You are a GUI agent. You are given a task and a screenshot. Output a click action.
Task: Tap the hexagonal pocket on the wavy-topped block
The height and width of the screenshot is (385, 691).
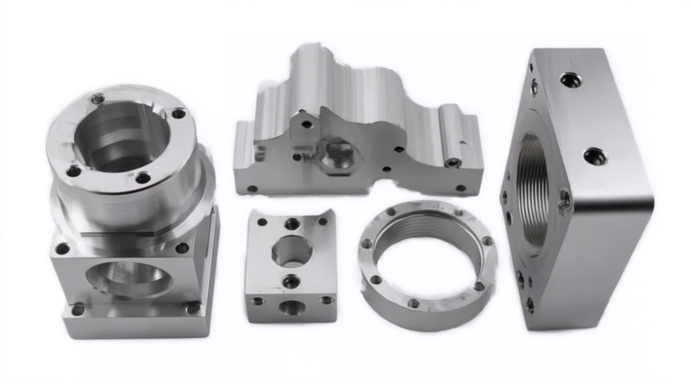335,155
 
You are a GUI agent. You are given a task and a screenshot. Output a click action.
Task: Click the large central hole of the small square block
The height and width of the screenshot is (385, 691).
291,250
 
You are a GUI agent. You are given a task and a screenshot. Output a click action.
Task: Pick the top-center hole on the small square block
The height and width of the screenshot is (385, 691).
292,223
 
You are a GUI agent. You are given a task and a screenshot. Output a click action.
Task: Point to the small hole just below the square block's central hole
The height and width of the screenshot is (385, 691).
291,281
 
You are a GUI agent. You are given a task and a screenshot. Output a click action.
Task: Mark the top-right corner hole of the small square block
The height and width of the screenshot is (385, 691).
322,222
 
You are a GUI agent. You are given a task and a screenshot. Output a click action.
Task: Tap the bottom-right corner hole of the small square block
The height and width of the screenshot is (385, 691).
326,300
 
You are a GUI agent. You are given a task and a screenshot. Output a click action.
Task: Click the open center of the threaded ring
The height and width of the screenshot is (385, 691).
427,261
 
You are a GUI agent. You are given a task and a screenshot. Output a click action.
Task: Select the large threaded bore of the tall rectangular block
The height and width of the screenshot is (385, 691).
533,189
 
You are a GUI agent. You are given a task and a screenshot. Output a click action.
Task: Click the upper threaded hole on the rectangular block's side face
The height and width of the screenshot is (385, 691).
571,79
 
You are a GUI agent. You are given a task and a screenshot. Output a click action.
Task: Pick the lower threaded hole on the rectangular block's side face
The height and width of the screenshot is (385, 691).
594,157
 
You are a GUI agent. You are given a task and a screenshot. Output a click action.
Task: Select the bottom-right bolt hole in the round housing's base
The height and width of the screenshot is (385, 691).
193,308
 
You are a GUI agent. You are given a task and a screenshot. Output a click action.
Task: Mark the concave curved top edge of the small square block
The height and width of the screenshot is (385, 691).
292,214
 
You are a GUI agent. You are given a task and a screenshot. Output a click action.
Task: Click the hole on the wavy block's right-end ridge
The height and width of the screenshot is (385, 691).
453,162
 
